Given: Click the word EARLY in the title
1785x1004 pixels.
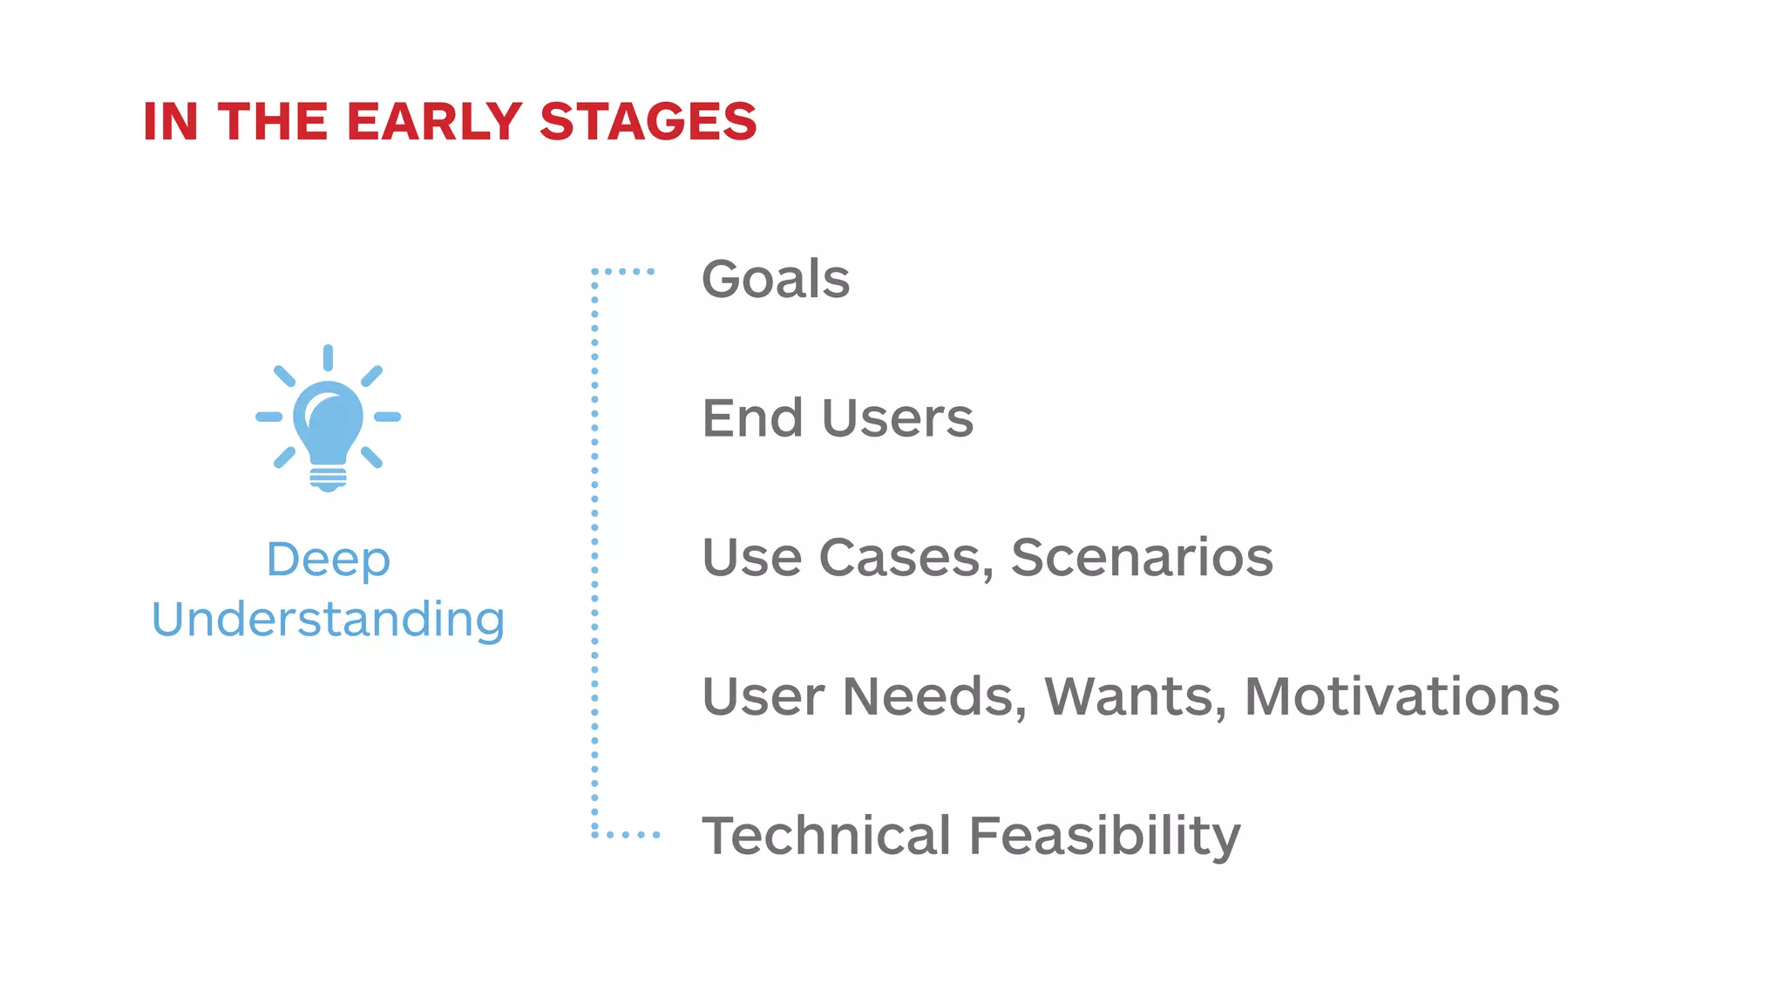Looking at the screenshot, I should [434, 121].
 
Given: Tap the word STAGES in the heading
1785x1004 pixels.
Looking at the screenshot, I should [648, 121].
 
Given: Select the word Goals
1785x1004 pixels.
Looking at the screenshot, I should [776, 279].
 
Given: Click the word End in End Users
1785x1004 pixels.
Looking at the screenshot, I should [751, 418].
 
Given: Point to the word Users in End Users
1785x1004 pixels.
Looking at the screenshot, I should [898, 418].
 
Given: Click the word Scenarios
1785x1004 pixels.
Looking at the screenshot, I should [1142, 558].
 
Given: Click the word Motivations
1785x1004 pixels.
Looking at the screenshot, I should [1402, 697].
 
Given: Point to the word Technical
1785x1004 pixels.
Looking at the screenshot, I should [825, 836].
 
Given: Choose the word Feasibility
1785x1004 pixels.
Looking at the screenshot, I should [1104, 836].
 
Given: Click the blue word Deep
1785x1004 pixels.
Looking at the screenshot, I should [329, 560].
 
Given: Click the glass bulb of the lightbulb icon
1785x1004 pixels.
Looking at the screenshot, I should [328, 420].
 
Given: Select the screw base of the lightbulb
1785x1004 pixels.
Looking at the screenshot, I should [328, 478].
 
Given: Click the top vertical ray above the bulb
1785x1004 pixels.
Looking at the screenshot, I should [328, 357].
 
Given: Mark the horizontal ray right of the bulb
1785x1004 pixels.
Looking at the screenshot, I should [387, 417].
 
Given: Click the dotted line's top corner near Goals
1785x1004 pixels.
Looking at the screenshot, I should [594, 272].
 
